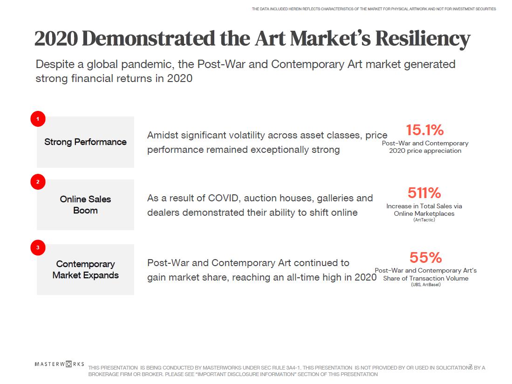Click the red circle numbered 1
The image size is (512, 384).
click(x=38, y=119)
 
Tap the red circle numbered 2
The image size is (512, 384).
click(x=38, y=182)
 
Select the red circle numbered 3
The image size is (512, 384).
click(x=38, y=247)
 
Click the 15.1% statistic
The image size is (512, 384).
click(x=424, y=130)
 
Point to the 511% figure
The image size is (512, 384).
click(x=424, y=192)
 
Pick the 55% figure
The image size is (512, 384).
click(x=425, y=257)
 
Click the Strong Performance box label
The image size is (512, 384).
click(x=85, y=142)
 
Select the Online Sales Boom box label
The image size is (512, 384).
click(x=85, y=205)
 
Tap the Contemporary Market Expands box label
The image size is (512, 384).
click(x=85, y=269)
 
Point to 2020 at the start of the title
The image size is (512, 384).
click(x=56, y=39)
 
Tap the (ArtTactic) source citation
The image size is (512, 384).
click(x=424, y=220)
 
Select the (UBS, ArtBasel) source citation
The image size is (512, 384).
click(x=425, y=285)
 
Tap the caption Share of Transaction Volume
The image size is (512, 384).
click(x=425, y=278)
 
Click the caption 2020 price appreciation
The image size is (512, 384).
click(x=425, y=151)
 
